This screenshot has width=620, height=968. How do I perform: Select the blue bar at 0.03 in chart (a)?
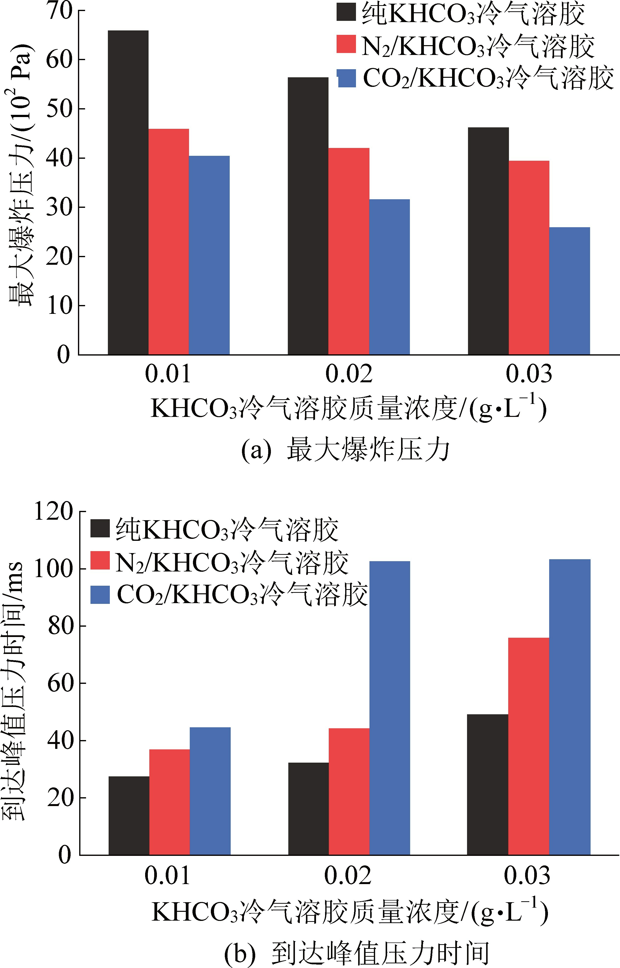pos(569,291)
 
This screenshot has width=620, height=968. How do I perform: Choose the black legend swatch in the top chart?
pos(346,12)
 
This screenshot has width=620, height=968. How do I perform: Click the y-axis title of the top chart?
pos(21,177)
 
